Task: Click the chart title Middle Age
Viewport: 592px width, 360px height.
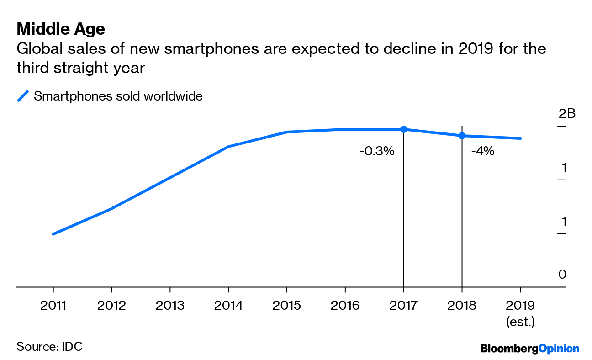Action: [61, 29]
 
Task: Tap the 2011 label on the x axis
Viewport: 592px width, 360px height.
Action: [53, 305]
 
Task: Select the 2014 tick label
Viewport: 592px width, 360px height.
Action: [228, 305]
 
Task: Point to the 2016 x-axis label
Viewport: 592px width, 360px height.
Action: [345, 305]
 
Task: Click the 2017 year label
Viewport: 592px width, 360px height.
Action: [403, 305]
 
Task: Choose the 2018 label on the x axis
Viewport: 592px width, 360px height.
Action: [462, 305]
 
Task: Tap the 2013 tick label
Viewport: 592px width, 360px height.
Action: [170, 305]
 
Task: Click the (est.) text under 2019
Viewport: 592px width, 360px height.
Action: [520, 322]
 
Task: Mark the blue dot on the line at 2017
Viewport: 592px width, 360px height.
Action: [403, 129]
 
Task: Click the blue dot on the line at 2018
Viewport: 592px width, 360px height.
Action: [462, 136]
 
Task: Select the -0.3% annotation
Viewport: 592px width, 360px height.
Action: [377, 151]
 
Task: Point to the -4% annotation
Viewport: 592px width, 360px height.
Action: [482, 151]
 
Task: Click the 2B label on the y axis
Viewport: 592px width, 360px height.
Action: [566, 113]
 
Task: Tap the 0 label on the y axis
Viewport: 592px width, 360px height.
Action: [562, 275]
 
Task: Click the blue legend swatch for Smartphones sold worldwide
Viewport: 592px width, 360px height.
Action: [23, 96]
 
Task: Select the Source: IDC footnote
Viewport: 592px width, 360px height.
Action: [49, 346]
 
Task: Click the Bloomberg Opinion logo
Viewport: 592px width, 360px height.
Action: [529, 349]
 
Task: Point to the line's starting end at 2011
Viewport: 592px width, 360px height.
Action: [53, 234]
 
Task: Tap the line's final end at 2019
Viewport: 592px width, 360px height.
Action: [520, 138]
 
